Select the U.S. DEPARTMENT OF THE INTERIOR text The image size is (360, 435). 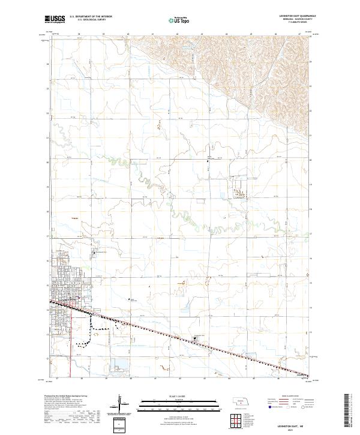(x=91, y=16)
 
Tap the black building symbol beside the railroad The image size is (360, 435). (x=195, y=339)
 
